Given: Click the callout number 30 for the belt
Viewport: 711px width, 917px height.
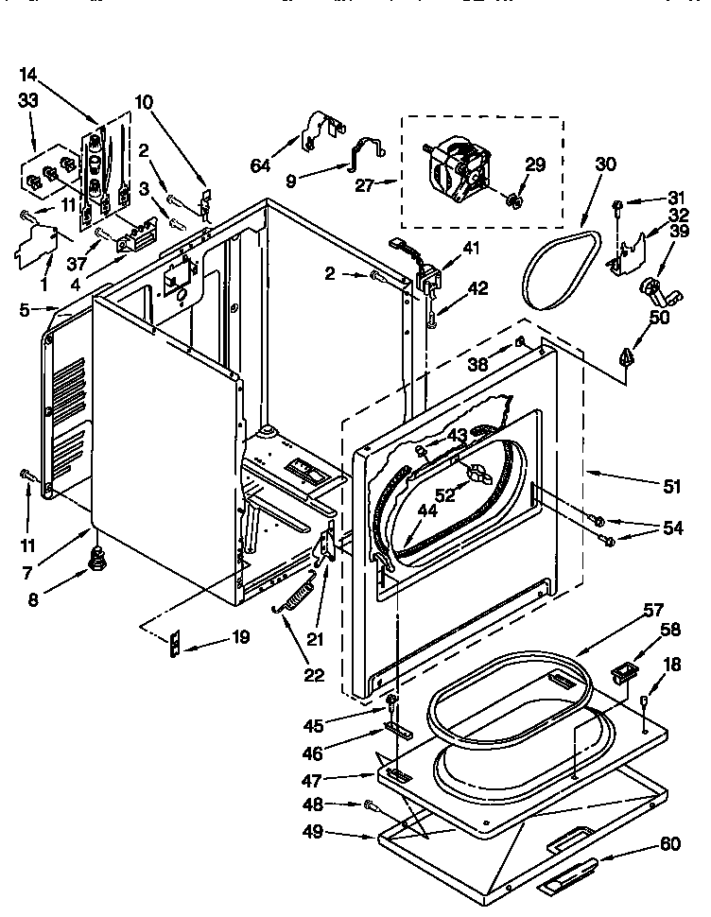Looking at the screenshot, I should pos(605,164).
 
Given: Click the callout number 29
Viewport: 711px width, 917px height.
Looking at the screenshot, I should pos(535,164).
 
